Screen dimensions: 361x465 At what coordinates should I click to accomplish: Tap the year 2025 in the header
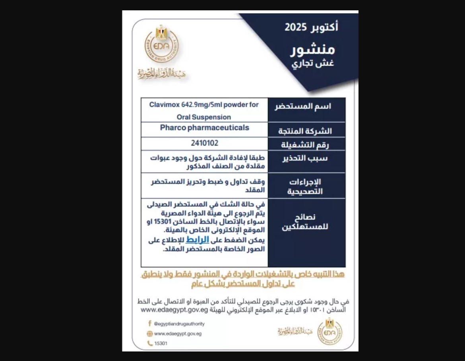296,28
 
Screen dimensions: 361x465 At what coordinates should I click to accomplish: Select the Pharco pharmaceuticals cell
204,128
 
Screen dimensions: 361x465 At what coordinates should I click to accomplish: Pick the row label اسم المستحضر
306,107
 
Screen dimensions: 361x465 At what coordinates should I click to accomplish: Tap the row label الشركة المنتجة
306,131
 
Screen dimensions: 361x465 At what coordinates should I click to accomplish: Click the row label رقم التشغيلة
306,145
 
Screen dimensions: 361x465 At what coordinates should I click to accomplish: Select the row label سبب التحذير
306,159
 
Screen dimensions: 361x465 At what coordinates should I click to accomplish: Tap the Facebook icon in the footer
149,324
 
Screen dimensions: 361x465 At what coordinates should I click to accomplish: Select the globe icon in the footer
149,334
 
